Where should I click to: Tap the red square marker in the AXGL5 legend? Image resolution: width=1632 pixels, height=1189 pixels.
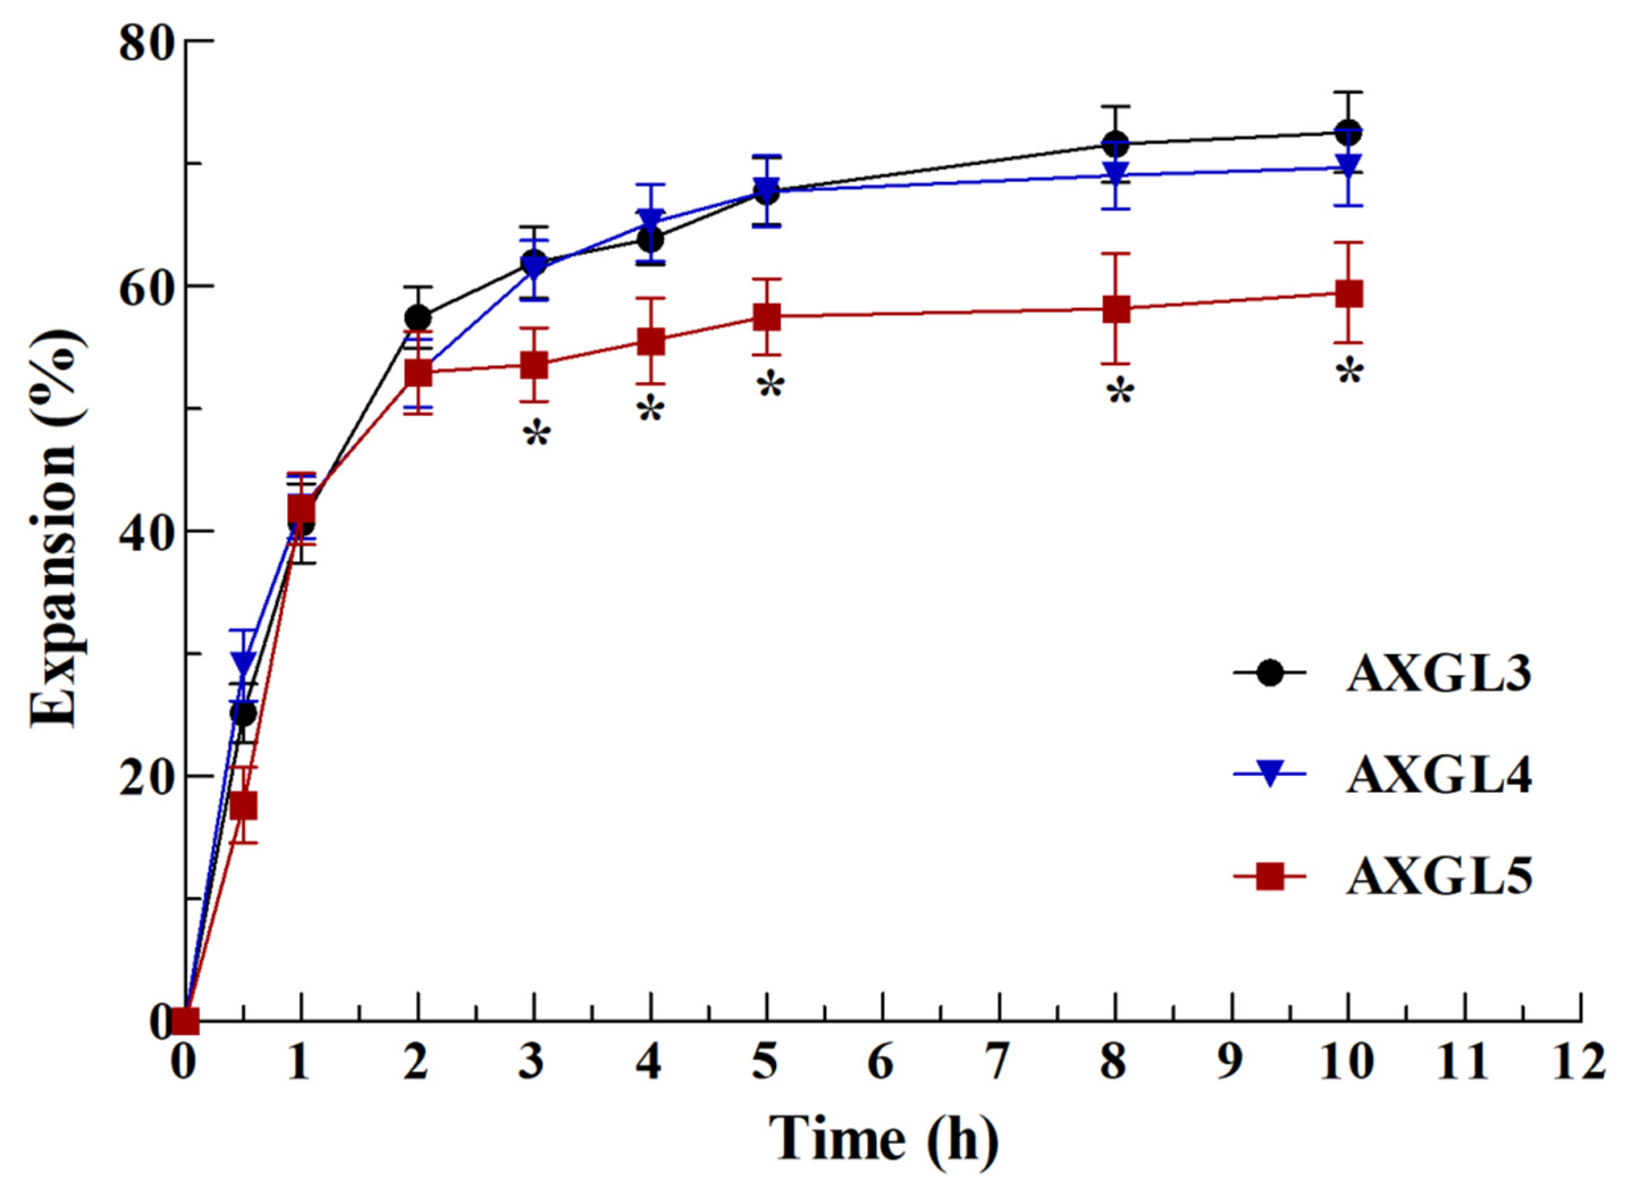point(1269,877)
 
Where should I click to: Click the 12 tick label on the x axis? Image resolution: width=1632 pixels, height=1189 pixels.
point(1579,1062)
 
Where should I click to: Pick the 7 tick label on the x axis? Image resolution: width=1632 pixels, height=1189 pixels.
point(998,1062)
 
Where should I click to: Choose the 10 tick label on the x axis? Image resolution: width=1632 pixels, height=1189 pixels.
point(1347,1062)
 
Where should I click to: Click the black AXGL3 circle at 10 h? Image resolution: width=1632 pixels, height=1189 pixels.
point(1348,133)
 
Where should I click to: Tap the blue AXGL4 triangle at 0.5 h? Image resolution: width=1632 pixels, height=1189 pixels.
point(245,660)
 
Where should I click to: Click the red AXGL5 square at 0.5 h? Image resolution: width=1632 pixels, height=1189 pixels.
point(245,806)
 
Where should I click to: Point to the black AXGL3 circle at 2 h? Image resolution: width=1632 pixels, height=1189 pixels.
point(418,317)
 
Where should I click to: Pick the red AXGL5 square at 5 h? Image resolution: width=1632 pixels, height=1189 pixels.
point(767,317)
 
